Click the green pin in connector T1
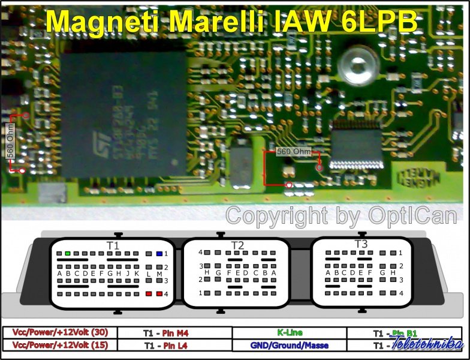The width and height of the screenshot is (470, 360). point(68,254)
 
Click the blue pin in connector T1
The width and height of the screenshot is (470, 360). point(158,254)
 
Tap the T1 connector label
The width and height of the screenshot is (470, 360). point(113,245)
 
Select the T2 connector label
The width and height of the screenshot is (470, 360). point(238,245)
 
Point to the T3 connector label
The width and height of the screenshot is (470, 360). point(361,244)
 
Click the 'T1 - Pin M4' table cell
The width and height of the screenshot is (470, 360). point(174,332)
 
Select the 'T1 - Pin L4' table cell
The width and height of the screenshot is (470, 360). point(174,346)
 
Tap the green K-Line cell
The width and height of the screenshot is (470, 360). point(290,332)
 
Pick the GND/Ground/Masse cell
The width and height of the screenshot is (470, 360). point(290,346)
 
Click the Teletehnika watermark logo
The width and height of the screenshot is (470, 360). point(426,344)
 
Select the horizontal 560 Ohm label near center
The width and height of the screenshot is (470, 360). point(293,152)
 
